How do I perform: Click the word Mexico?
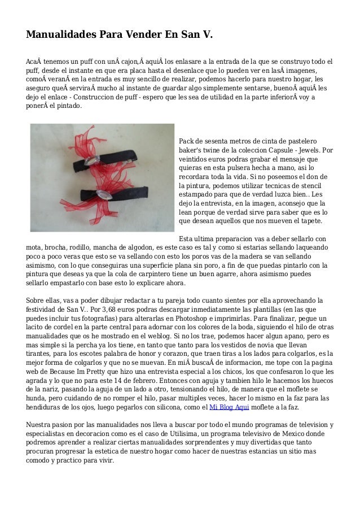coord(304,434)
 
